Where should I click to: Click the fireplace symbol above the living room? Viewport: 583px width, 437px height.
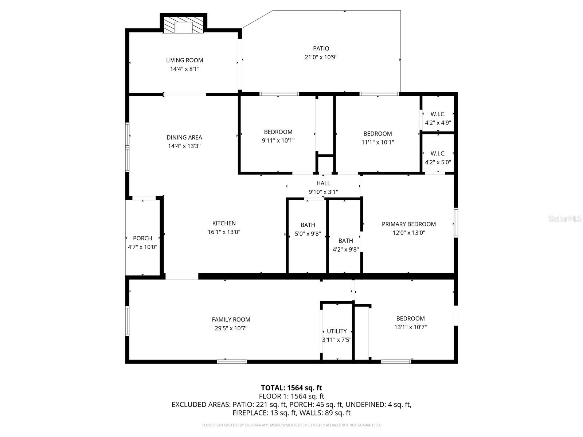(183, 25)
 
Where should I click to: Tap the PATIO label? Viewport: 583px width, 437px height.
(321, 48)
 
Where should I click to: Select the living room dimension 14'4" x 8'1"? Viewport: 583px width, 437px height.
(185, 69)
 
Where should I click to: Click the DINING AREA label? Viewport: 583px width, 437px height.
(184, 137)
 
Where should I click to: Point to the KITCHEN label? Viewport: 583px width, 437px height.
(224, 223)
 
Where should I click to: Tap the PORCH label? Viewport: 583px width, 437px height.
(142, 238)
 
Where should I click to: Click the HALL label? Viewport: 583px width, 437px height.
(323, 183)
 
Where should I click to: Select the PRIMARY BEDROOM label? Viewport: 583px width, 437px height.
(409, 224)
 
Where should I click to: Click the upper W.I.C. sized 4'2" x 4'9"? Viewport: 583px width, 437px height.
(438, 119)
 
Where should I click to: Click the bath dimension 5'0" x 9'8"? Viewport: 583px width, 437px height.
(308, 234)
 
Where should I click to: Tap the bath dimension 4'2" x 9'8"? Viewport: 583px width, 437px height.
(346, 249)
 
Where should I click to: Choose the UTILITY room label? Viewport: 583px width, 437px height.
(337, 331)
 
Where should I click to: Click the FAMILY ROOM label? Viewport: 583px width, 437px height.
(231, 319)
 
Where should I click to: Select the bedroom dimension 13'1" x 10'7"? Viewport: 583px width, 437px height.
(411, 327)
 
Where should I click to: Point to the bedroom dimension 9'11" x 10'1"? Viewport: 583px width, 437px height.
(278, 141)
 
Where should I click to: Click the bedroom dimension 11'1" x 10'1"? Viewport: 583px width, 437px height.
(378, 142)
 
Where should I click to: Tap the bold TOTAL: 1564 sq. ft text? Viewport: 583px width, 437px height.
(291, 387)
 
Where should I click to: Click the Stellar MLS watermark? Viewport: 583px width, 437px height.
(565, 219)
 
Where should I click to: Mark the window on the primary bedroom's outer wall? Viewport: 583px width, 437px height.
(456, 223)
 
